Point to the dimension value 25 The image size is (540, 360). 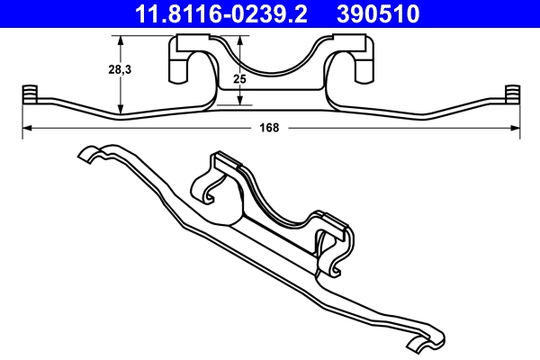[x=238, y=79]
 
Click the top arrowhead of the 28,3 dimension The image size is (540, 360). [x=121, y=39]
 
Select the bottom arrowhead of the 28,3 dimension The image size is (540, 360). [x=121, y=113]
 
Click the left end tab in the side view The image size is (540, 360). [x=28, y=94]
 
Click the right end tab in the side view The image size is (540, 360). [x=512, y=94]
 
